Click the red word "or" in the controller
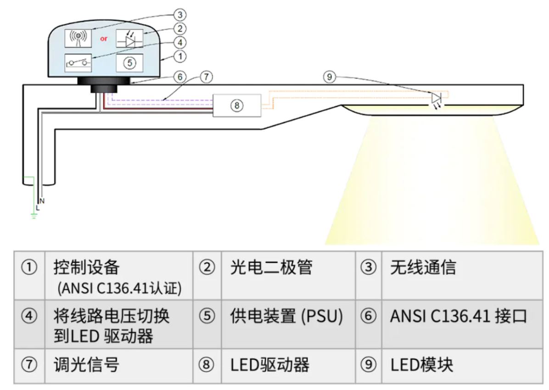pyautogui.click(x=104, y=39)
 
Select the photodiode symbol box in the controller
pyautogui.click(x=129, y=39)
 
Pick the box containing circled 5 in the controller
pyautogui.click(x=129, y=63)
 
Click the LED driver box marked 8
pyautogui.click(x=237, y=105)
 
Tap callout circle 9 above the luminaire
pyautogui.click(x=329, y=78)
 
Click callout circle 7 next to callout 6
pyautogui.click(x=206, y=77)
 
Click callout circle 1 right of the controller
pyautogui.click(x=180, y=56)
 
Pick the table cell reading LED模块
pyautogui.click(x=422, y=365)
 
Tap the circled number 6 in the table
pyautogui.click(x=368, y=317)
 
